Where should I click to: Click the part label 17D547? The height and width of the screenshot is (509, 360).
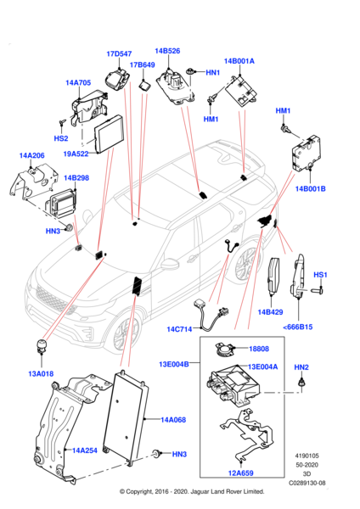(x=119, y=54)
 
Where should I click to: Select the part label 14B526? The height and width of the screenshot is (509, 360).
(x=167, y=51)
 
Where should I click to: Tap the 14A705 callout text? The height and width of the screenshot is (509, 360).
(x=78, y=83)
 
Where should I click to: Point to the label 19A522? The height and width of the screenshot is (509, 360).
(x=76, y=154)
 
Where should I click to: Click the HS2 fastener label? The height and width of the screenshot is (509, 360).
(x=61, y=138)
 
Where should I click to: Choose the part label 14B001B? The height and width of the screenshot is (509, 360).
(x=310, y=188)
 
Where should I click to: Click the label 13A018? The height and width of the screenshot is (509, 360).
(x=41, y=373)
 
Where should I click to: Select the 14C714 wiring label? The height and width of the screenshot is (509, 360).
(x=179, y=329)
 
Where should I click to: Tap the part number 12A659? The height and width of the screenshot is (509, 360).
(x=241, y=473)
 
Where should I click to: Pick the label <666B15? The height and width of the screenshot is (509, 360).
(x=298, y=327)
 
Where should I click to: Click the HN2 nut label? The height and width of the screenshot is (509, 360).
(x=301, y=367)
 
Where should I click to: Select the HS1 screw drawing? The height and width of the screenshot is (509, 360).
(x=317, y=289)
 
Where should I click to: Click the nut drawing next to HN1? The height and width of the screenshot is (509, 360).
(x=189, y=71)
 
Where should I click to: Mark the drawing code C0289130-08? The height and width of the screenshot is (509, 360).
(x=307, y=483)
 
